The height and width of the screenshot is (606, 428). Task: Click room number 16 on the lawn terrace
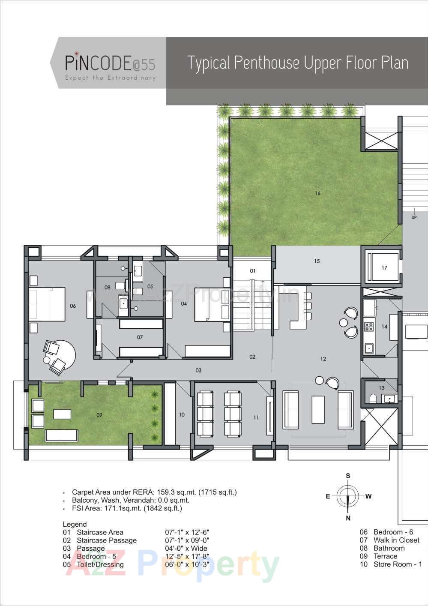(317, 193)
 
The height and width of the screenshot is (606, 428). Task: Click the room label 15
(317, 261)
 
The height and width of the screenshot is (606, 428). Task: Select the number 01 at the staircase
(253, 271)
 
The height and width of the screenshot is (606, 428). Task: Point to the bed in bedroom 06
(47, 304)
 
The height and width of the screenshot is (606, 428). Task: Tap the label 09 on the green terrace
(99, 415)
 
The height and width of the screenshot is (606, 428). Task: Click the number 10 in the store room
(182, 414)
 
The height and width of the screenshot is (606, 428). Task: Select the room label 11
(256, 417)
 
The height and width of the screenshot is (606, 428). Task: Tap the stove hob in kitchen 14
(369, 327)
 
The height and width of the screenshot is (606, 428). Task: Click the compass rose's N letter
(348, 518)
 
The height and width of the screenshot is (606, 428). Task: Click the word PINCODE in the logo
(98, 63)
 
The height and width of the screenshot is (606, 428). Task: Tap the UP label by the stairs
(414, 217)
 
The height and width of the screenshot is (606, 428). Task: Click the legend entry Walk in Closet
(396, 540)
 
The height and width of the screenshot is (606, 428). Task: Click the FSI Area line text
(127, 508)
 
